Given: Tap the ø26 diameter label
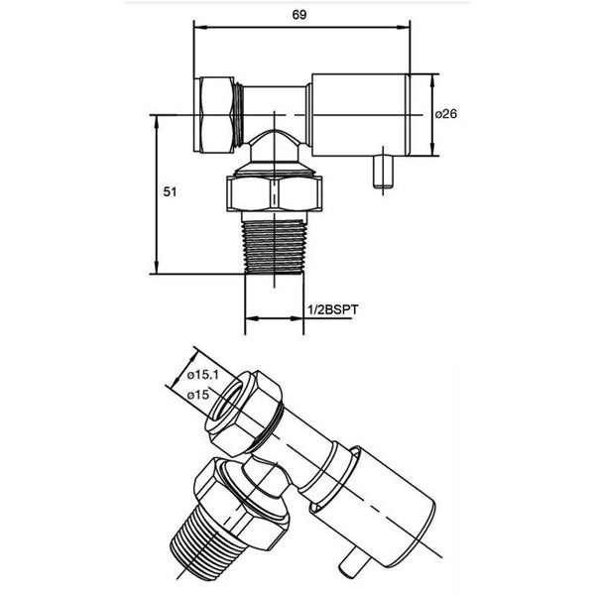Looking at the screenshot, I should click(x=447, y=114).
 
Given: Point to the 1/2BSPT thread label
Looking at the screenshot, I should click(x=333, y=310).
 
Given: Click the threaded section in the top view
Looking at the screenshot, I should click(x=273, y=248).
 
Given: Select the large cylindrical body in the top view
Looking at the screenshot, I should click(x=360, y=114).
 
